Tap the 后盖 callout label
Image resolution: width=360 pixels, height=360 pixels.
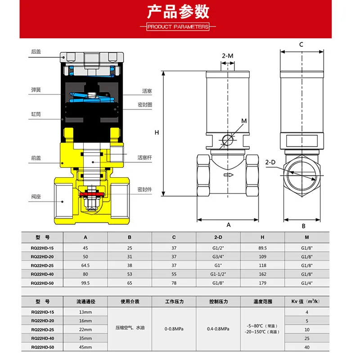(36, 52)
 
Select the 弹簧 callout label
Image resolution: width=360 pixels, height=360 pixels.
(36, 90)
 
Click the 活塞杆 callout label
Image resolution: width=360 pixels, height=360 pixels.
(145, 157)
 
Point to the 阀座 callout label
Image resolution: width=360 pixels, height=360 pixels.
(36, 196)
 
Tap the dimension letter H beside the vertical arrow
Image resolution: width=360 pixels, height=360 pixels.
(157, 132)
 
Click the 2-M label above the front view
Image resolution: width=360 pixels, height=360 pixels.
(228, 56)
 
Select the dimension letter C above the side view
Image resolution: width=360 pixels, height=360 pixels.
(301, 44)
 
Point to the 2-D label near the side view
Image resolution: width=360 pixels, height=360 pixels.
(271, 162)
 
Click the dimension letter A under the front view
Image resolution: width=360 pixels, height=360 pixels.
(228, 225)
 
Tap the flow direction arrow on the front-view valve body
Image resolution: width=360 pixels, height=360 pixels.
(228, 175)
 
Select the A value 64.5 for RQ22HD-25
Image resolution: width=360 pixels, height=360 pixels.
(85, 265)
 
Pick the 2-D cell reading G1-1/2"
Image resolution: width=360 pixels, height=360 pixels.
(218, 274)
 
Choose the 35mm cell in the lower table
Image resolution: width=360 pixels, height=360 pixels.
(85, 338)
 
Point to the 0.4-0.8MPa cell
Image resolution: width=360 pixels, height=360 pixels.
(218, 329)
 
